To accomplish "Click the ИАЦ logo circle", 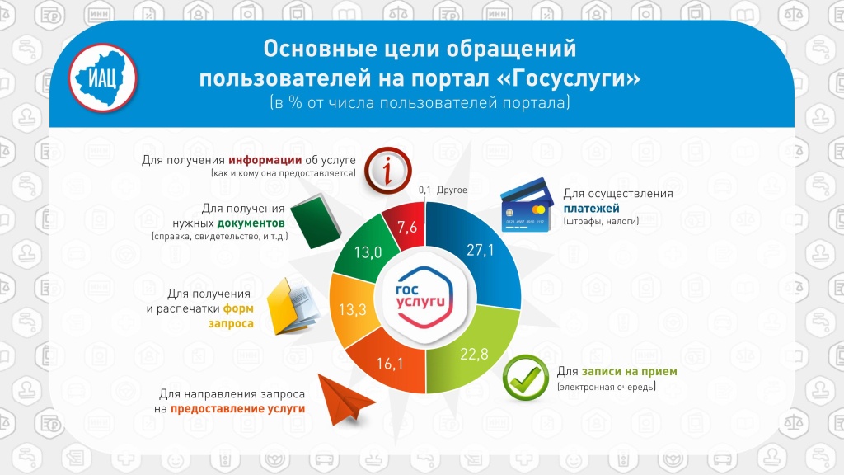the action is (103, 78).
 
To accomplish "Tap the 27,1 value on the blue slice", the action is (480, 250).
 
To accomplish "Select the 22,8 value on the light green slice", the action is (474, 354).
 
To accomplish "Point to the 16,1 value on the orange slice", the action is (390, 364).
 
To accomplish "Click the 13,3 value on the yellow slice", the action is (352, 310).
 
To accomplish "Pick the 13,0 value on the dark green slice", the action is (368, 252).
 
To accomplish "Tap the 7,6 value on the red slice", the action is (407, 228).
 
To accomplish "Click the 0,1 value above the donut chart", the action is (424, 190).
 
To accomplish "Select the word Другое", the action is (452, 190).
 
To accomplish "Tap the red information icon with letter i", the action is (387, 171).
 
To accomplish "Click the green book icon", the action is (316, 221).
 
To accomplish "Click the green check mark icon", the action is (525, 378).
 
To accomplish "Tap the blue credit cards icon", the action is (527, 205).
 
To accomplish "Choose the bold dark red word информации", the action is (265, 160).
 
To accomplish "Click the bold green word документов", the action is (251, 223).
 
